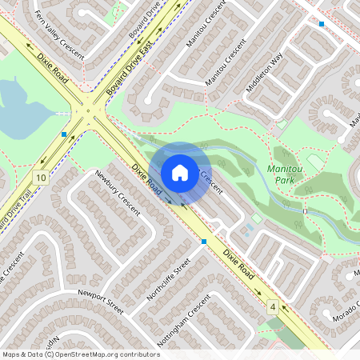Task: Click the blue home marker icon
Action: [x=180, y=172]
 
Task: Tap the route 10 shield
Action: [x=40, y=176]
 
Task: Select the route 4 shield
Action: [x=273, y=306]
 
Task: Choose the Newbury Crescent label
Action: [x=117, y=192]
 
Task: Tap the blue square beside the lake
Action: [x=64, y=134]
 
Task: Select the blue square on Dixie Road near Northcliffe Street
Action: [x=204, y=241]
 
